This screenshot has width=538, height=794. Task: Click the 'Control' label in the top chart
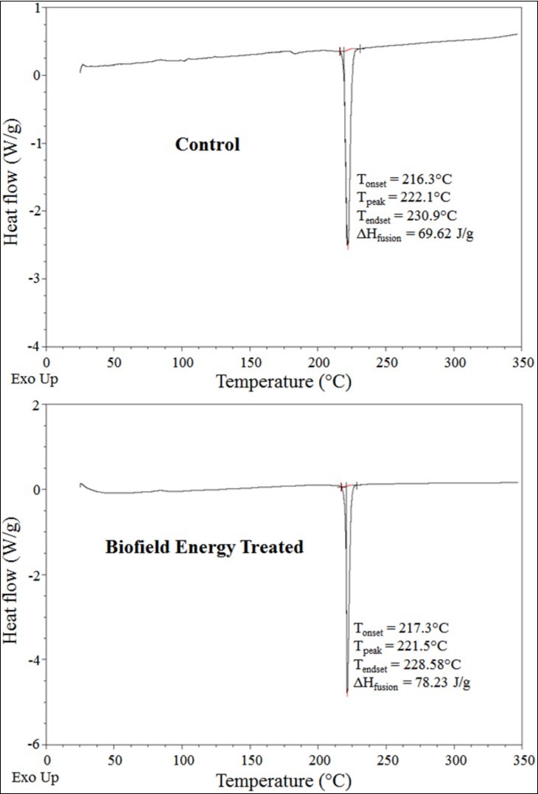(207, 144)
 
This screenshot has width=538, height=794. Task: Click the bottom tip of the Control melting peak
(348, 248)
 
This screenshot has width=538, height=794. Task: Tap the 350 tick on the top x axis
(519, 363)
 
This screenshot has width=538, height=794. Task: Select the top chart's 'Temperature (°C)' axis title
(284, 382)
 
